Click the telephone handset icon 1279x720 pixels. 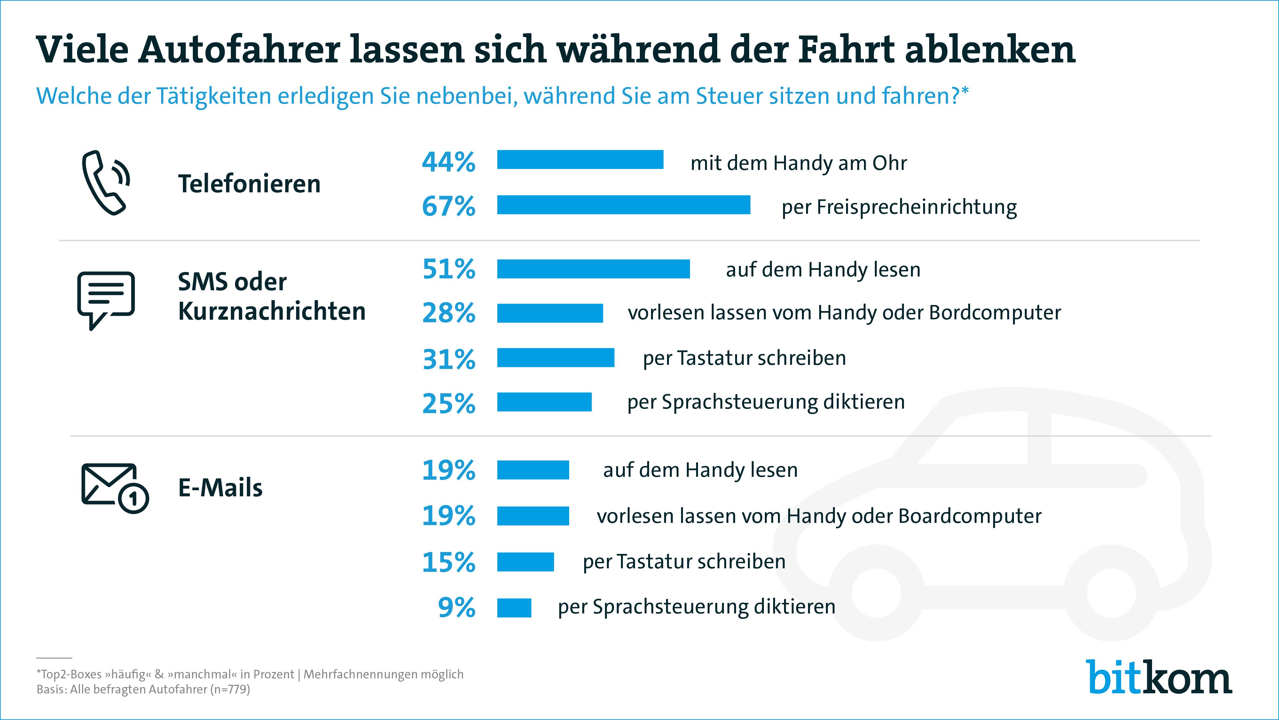(105, 182)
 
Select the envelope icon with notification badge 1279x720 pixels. (114, 488)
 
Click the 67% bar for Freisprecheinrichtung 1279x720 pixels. (623, 205)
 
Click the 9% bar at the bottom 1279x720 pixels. (514, 608)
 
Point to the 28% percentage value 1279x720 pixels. (448, 313)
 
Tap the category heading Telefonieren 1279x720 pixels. (249, 184)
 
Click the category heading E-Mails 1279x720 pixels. (220, 488)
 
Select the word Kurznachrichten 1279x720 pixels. (271, 312)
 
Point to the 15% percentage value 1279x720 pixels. (448, 562)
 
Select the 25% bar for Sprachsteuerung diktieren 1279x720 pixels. (544, 402)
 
